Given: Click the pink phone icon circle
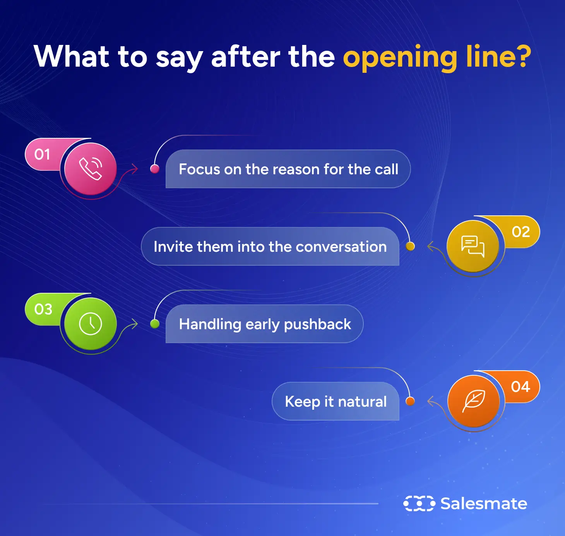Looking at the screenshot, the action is click(91, 169).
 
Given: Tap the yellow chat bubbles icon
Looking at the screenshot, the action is click(473, 246).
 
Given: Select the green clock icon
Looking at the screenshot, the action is click(91, 324).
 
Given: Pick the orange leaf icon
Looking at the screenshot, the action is click(473, 401).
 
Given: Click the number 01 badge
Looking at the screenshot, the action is click(42, 155).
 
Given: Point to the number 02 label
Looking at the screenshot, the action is click(521, 232).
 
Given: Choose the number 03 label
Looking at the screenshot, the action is click(43, 309).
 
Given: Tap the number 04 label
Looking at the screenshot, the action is click(520, 387).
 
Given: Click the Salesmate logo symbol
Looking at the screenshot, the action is click(419, 503).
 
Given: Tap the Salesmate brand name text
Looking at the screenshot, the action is click(484, 503).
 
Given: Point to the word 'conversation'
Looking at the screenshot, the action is click(341, 247).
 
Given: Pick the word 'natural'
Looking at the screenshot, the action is click(362, 402).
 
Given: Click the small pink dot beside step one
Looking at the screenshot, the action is click(155, 169).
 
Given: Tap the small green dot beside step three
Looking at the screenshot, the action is click(155, 324).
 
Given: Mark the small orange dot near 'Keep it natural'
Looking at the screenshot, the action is click(410, 401).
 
